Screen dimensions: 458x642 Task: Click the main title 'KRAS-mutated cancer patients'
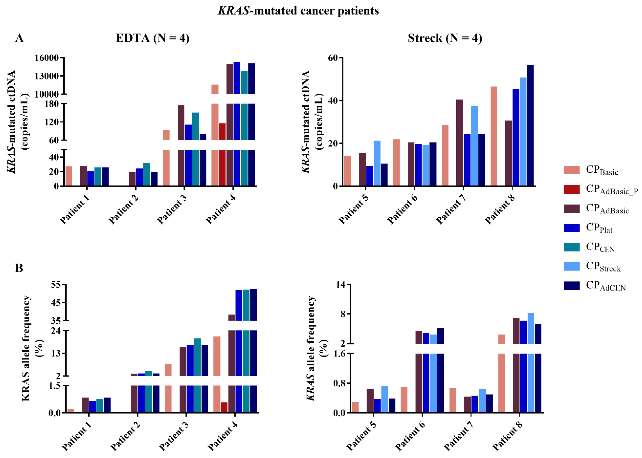298,11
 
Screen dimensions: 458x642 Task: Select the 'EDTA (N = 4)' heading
153,38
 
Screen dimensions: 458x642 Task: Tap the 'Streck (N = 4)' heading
445,38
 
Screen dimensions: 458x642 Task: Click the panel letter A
19,38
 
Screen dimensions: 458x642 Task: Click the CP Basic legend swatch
572,170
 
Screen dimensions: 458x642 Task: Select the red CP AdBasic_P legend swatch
572,189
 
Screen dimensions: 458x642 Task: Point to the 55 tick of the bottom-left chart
56,285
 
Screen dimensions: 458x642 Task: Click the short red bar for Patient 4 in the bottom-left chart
224,407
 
